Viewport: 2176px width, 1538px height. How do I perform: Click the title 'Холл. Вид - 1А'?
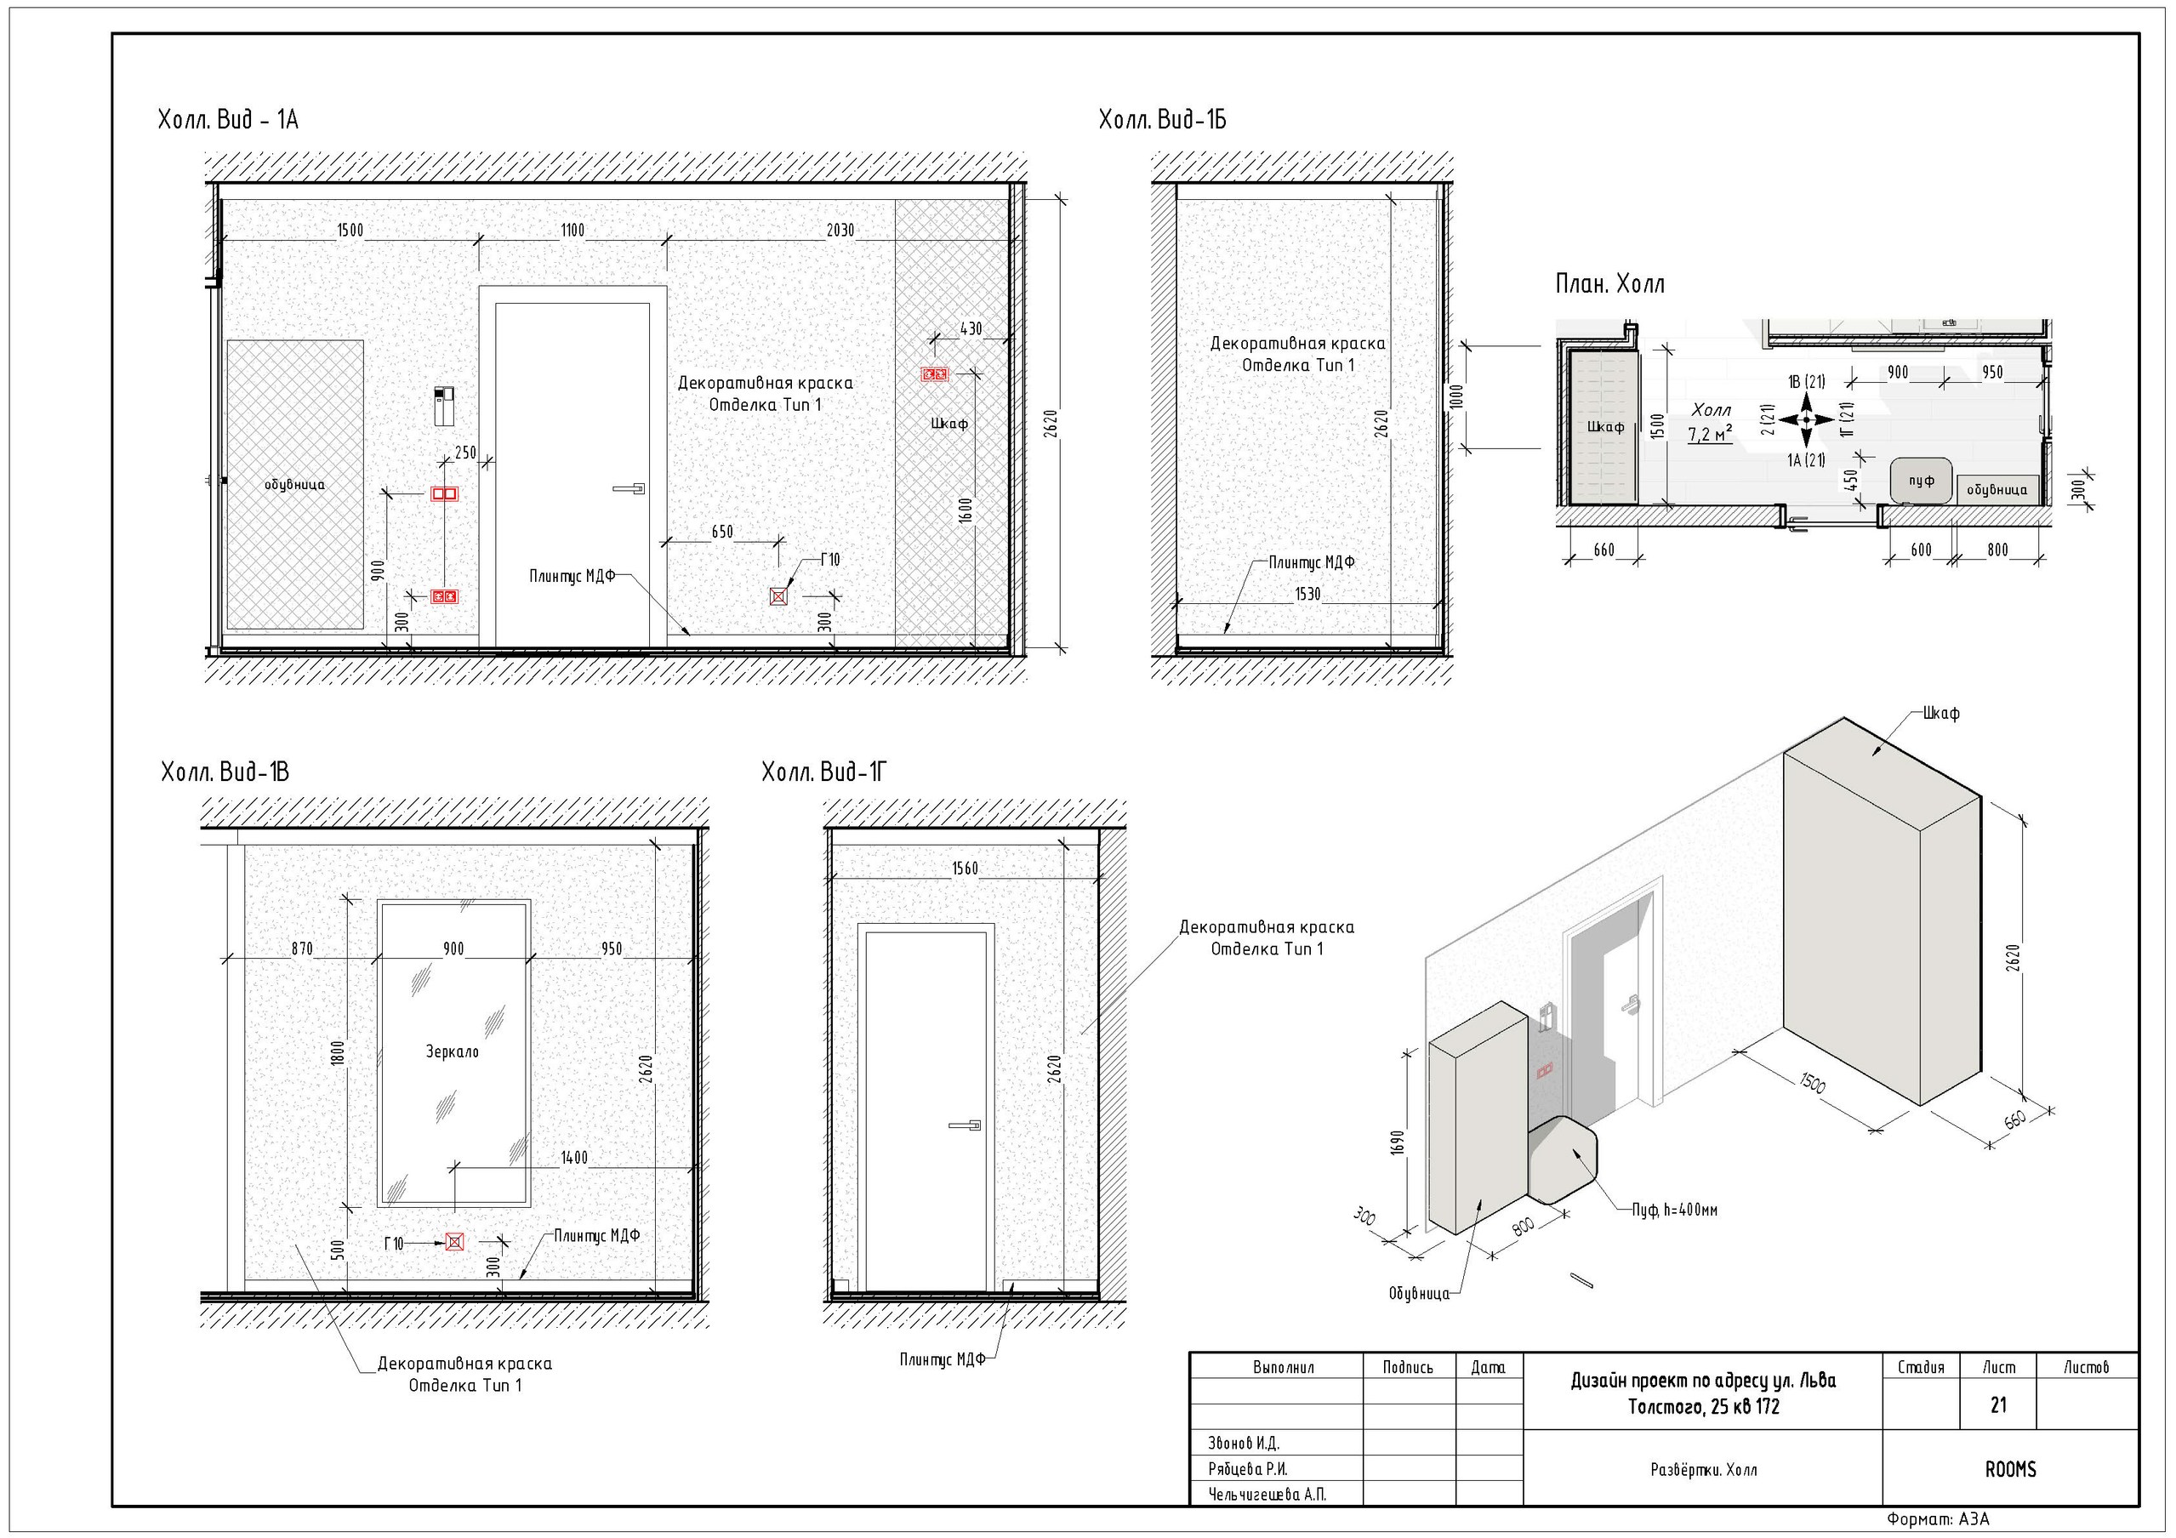click(x=227, y=120)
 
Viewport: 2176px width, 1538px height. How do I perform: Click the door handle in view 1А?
click(x=629, y=489)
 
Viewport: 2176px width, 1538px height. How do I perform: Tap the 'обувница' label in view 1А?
click(x=294, y=485)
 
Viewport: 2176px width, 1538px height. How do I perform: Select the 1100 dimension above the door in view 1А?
click(x=572, y=231)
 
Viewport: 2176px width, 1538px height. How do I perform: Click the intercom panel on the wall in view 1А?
click(x=443, y=406)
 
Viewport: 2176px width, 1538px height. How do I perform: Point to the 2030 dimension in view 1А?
click(x=840, y=231)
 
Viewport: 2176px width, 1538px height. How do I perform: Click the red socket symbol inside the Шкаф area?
click(x=935, y=374)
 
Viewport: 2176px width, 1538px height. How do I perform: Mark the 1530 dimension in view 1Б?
click(x=1307, y=594)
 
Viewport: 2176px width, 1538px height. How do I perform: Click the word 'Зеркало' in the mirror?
click(x=452, y=1052)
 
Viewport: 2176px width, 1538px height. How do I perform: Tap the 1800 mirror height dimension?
click(x=339, y=1053)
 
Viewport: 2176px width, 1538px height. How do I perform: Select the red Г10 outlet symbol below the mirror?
click(x=455, y=1242)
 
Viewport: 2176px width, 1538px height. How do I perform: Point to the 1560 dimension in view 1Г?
click(x=965, y=868)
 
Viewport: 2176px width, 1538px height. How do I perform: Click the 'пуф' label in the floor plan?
click(x=1921, y=481)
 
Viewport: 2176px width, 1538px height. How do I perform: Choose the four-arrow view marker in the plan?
click(x=1805, y=419)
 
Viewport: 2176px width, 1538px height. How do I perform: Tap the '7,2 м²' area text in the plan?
click(x=1710, y=435)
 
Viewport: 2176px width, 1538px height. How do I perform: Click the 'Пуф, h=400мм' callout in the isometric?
click(x=1675, y=1210)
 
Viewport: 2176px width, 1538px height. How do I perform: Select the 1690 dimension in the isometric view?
click(x=1396, y=1142)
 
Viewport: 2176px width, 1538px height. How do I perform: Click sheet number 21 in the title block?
click(x=1998, y=1405)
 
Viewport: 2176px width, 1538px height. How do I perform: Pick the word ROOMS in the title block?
click(x=2010, y=1470)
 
